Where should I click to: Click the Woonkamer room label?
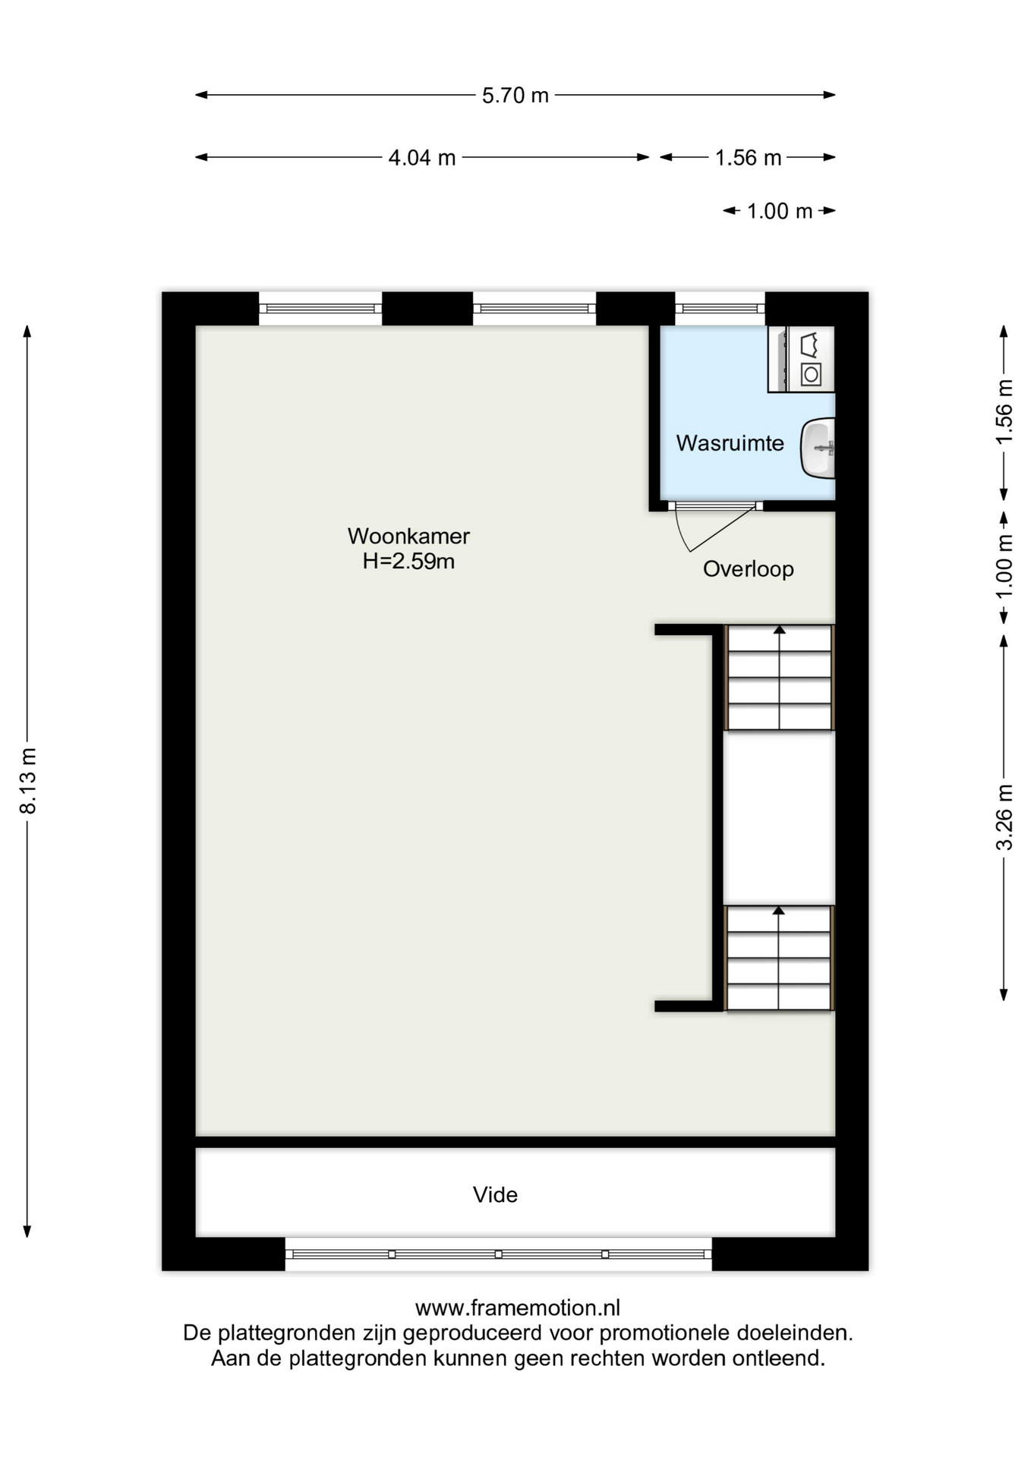coord(408,536)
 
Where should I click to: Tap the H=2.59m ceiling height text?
coord(408,562)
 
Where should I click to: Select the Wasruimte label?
coord(730,443)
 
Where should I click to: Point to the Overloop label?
coord(748,569)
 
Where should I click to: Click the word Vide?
coord(495,1195)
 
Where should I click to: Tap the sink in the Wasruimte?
coord(818,448)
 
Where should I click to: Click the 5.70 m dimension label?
coord(515,96)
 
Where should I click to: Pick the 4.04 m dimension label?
coord(422,158)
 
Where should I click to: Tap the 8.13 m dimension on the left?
coord(28,781)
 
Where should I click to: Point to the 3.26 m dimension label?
coord(1004,817)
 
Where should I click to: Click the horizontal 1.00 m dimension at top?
coord(780,211)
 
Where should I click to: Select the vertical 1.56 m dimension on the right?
coord(1004,412)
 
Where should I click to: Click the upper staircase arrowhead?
coord(779,630)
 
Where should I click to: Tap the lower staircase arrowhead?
coord(778,911)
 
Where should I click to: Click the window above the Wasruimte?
coord(720,309)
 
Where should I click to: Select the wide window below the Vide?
coord(498,1254)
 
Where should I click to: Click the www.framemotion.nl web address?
coord(518,1308)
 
